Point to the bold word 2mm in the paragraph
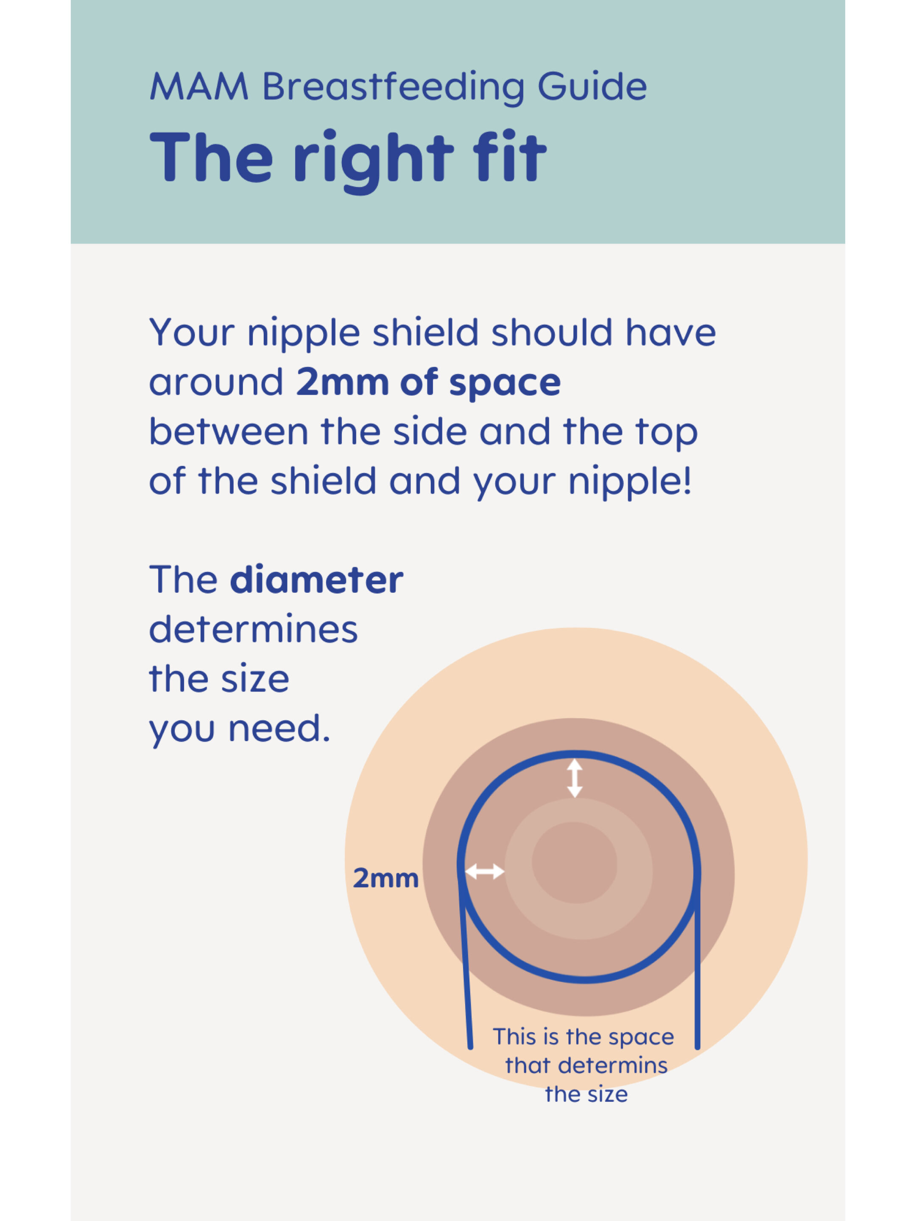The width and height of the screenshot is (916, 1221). pos(342,382)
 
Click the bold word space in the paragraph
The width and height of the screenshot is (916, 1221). pos(505,384)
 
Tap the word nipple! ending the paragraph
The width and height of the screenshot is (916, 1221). pos(629,482)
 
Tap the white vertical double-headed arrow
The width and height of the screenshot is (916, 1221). pos(575,778)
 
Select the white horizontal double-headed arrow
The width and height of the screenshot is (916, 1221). pos(484,872)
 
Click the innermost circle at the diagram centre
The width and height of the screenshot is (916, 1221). pos(574,862)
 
